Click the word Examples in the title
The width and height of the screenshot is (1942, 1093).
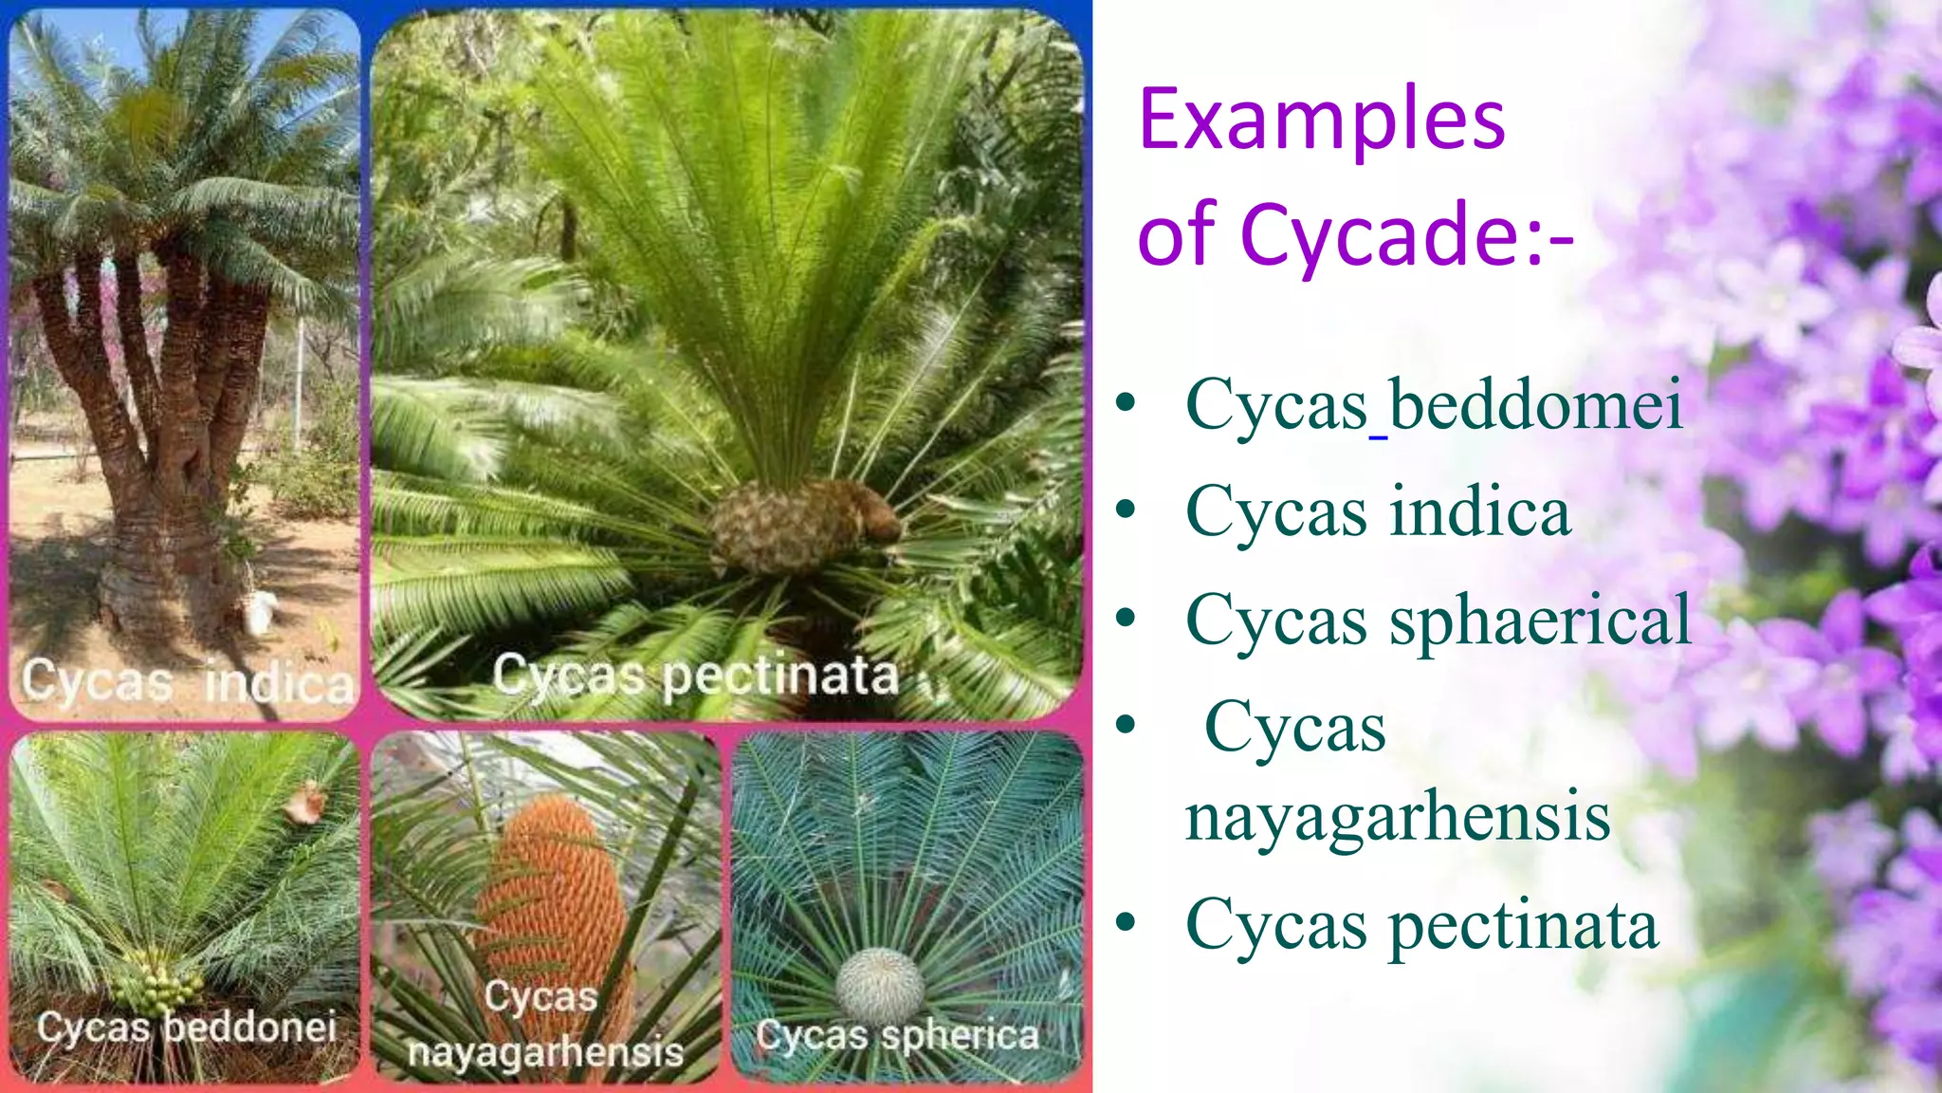(x=1321, y=120)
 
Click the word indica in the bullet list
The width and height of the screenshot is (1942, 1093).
(x=1480, y=512)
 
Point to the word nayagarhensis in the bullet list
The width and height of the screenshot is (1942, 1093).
(x=1398, y=817)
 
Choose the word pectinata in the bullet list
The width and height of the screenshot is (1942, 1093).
(x=1524, y=925)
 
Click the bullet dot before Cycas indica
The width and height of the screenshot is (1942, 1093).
(x=1126, y=511)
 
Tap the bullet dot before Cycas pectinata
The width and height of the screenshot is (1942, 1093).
(x=1126, y=922)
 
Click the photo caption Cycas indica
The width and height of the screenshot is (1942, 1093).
(x=187, y=681)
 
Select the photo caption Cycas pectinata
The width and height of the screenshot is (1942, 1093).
(x=695, y=676)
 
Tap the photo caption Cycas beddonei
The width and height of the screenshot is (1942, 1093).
(x=187, y=1028)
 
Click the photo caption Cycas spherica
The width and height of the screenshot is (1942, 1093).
(x=897, y=1035)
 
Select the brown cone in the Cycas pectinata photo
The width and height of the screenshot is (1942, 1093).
(x=801, y=525)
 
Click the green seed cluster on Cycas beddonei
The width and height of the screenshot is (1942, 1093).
(x=157, y=983)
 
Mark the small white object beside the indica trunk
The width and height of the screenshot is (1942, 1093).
(x=260, y=611)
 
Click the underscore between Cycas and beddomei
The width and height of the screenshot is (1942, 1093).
(x=1379, y=435)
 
